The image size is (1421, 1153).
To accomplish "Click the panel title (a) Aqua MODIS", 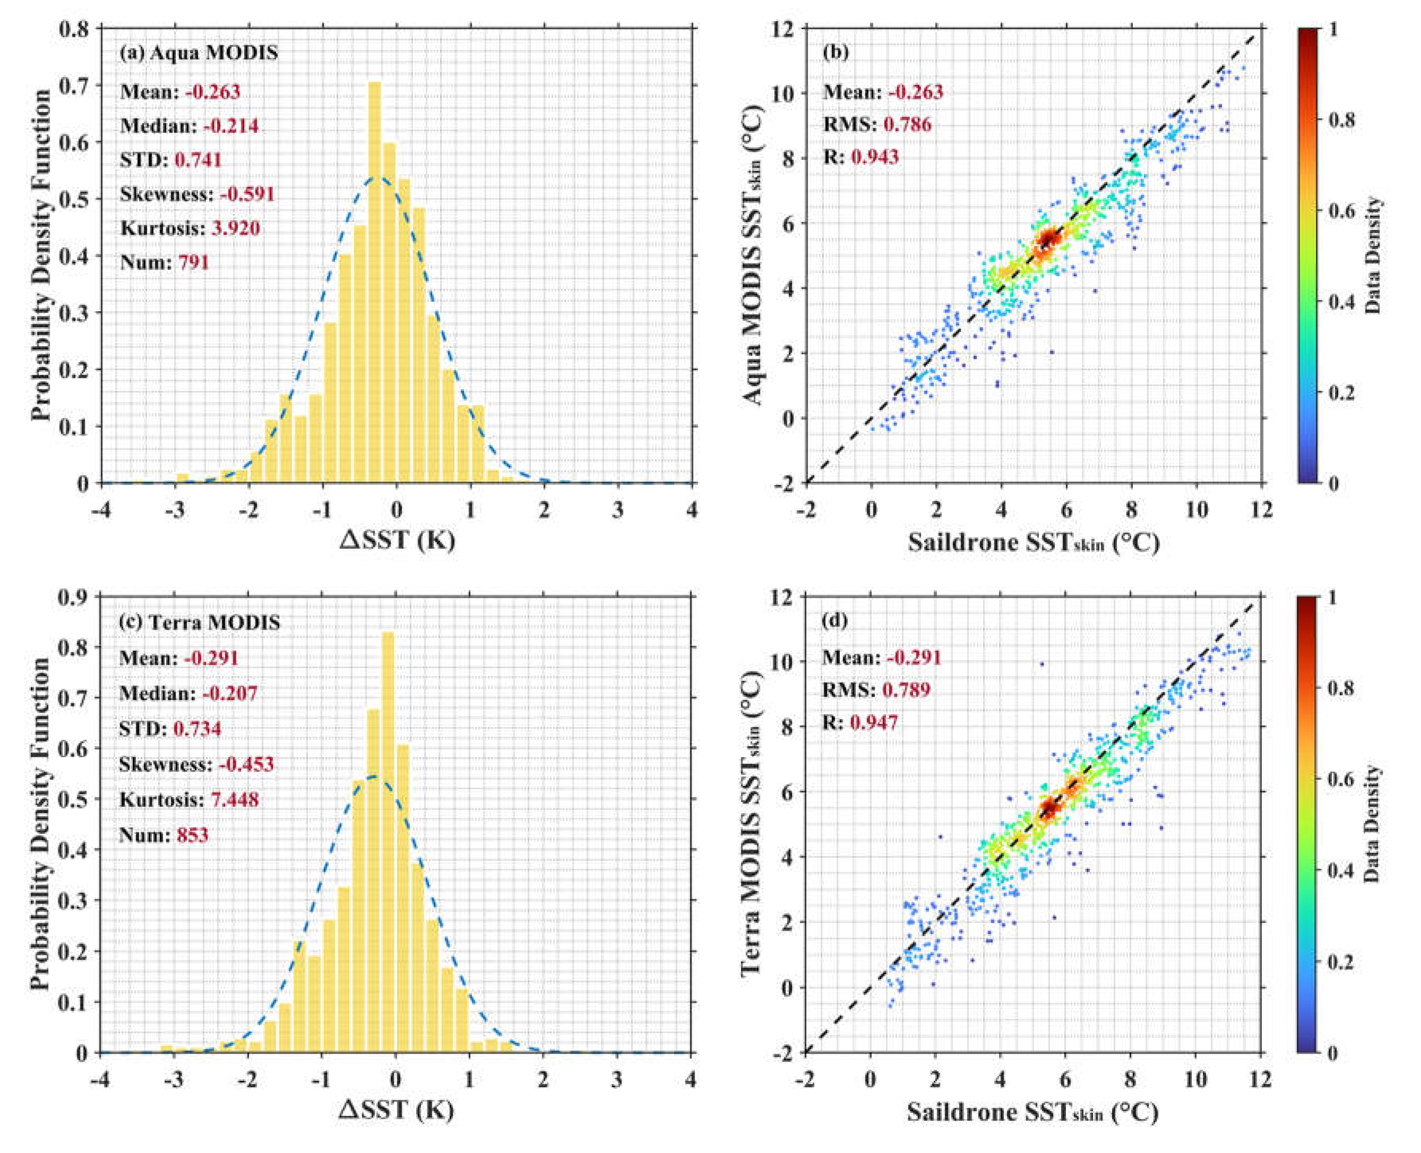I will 199,53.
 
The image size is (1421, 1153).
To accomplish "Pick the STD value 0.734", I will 197,728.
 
